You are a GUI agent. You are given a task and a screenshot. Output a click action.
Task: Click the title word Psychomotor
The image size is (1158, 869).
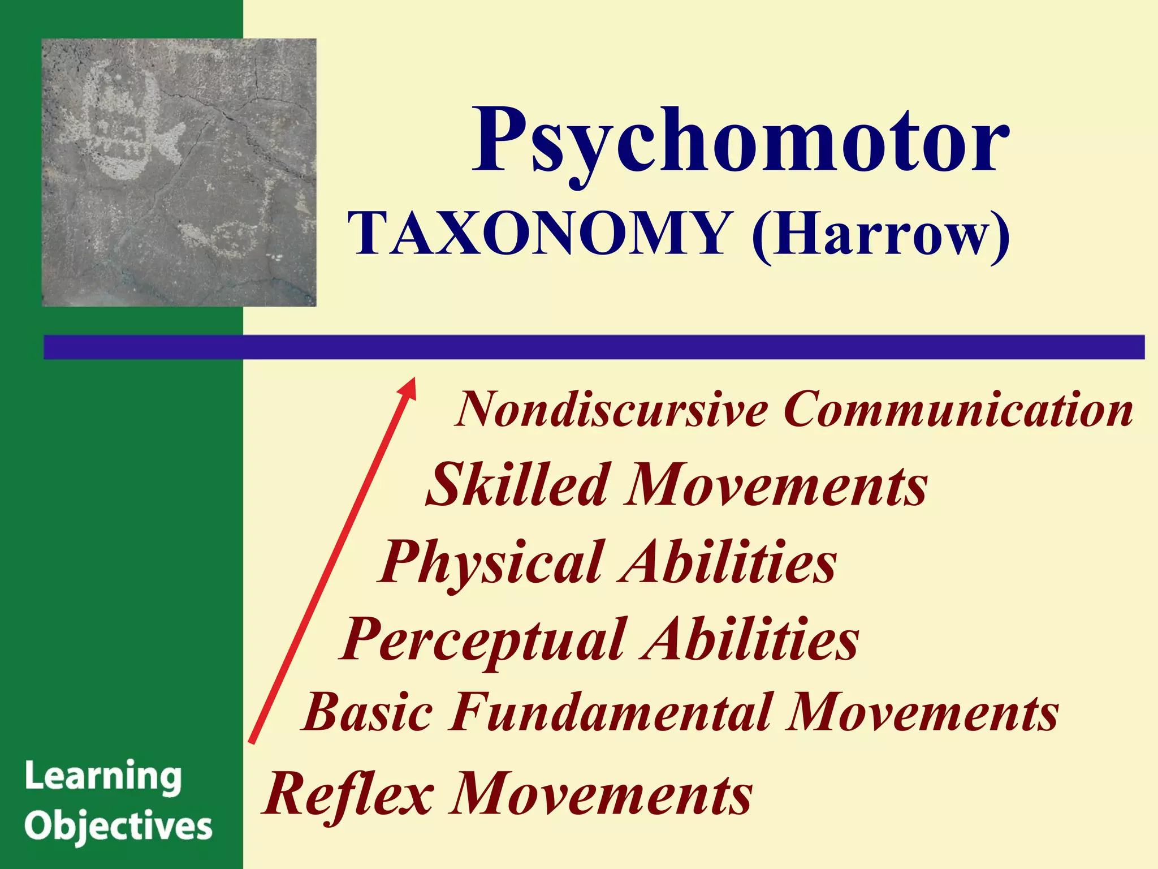(x=741, y=141)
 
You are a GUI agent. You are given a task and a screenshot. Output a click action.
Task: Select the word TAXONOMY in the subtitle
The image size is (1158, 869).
(x=538, y=233)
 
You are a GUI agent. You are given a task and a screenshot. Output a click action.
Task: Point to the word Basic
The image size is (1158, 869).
(x=368, y=712)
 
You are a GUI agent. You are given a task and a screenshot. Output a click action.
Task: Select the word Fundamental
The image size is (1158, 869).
(x=611, y=712)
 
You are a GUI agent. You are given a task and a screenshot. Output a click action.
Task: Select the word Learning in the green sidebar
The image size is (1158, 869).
(x=103, y=777)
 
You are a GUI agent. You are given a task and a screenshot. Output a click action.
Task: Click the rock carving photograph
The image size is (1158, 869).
(x=179, y=173)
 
